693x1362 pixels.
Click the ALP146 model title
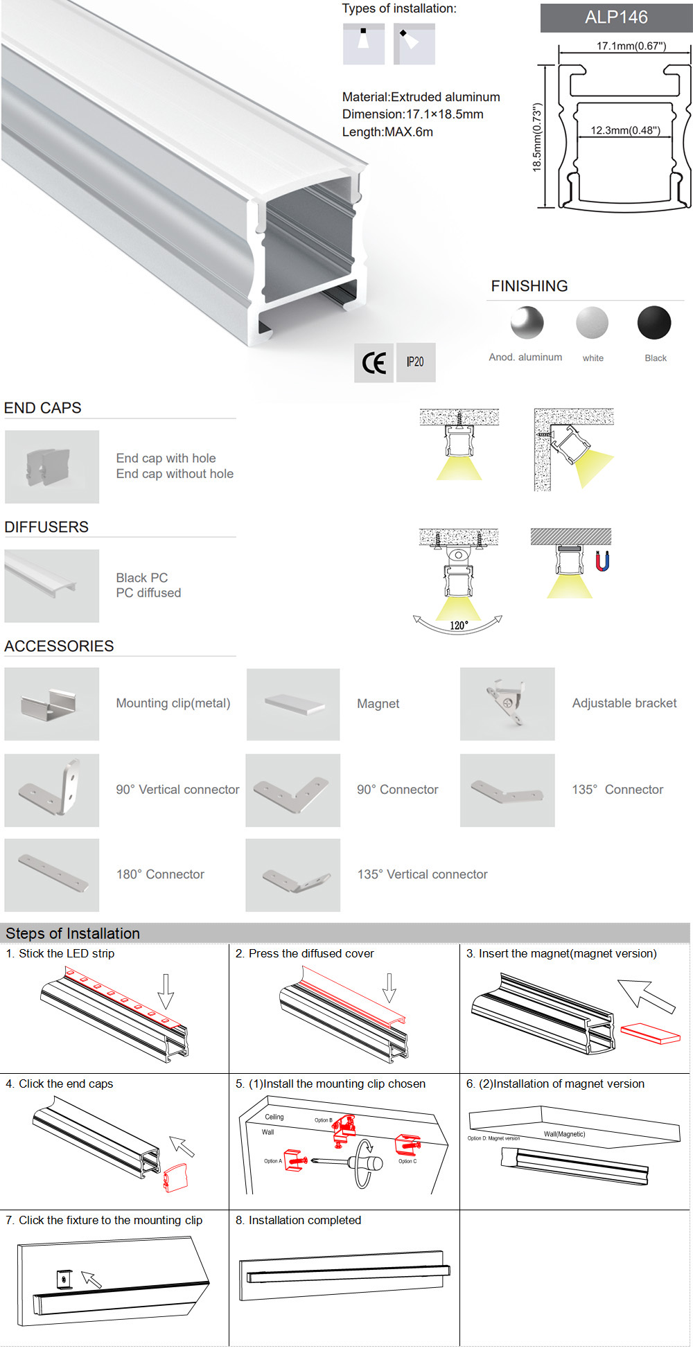pyautogui.click(x=616, y=17)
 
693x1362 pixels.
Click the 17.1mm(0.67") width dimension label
pyautogui.click(x=631, y=46)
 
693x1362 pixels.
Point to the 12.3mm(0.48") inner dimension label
pyautogui.click(x=625, y=130)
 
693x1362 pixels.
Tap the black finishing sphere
pyautogui.click(x=654, y=323)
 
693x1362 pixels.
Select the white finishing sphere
pyautogui.click(x=592, y=323)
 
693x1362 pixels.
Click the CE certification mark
pyautogui.click(x=374, y=362)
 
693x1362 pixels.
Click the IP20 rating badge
pyautogui.click(x=415, y=362)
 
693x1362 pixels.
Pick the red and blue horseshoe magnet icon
pyautogui.click(x=603, y=560)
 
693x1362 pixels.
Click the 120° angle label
pyautogui.click(x=459, y=626)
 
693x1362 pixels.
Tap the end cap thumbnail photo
pyautogui.click(x=52, y=466)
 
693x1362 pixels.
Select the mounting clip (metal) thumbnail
pyautogui.click(x=52, y=704)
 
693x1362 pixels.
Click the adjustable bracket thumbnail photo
pyautogui.click(x=507, y=704)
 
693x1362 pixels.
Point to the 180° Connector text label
pyautogui.click(x=160, y=874)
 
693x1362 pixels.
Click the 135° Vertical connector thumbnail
pyautogui.click(x=292, y=875)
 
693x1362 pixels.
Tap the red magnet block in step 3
pyautogui.click(x=650, y=1033)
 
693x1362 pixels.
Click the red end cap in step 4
pyautogui.click(x=176, y=1177)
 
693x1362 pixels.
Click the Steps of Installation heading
pyautogui.click(x=73, y=933)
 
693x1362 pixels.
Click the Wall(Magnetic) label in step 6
pyautogui.click(x=564, y=1134)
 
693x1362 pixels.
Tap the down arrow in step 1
pyautogui.click(x=166, y=991)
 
